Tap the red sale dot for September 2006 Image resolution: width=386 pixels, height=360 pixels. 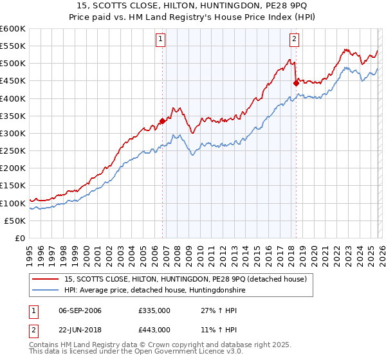coord(162,121)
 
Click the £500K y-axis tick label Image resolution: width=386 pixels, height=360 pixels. coord(13,64)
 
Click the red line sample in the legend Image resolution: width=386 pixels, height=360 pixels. coord(46,279)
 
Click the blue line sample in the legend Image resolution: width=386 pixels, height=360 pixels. coord(46,291)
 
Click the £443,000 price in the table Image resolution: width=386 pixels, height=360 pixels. coord(154,329)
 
